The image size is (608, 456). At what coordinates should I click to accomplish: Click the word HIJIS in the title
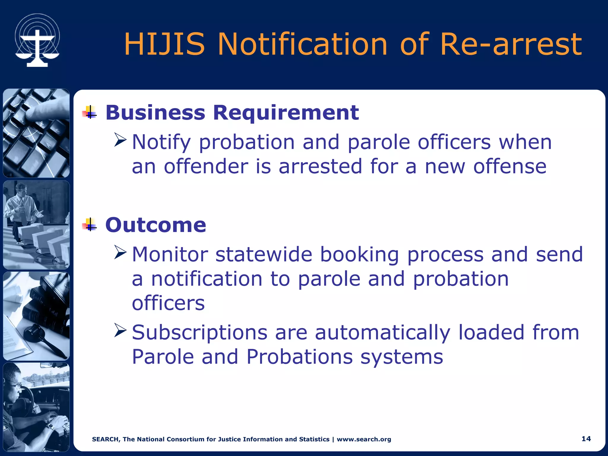tap(164, 45)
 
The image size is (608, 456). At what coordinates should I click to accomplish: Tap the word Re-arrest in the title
tap(511, 45)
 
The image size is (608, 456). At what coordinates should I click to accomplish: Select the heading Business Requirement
tap(232, 113)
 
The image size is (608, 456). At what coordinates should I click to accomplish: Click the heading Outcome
tap(156, 225)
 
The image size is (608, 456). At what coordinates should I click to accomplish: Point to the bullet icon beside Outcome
tap(90, 224)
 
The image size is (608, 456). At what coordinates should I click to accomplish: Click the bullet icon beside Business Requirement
tap(90, 112)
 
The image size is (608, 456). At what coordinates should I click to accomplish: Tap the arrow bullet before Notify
tap(120, 140)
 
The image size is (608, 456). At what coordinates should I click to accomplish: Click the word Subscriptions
tap(199, 332)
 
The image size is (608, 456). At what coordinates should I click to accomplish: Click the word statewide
tap(264, 255)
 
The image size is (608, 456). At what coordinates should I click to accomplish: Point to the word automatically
tap(382, 332)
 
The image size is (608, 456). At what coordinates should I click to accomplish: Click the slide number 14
tap(586, 439)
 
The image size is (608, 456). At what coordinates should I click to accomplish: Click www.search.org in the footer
tap(364, 439)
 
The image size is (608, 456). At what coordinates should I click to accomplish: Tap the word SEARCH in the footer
tap(105, 439)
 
